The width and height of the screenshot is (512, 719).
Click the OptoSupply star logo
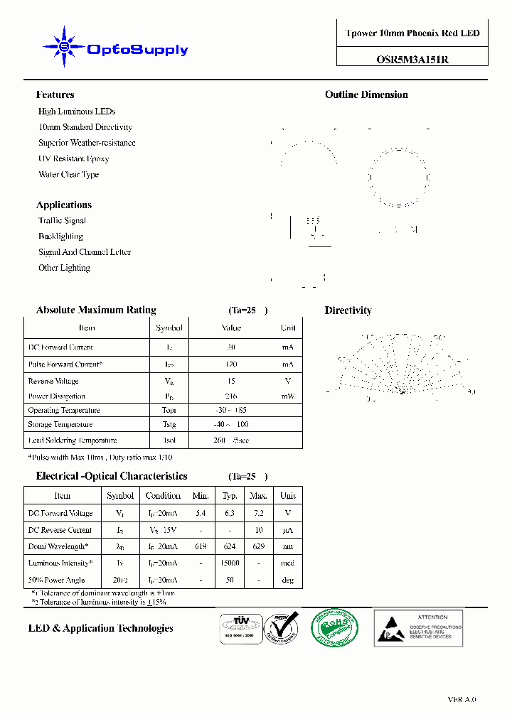point(64,47)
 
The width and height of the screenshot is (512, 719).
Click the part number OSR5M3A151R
point(412,60)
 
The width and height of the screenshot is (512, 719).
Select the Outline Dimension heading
point(366,94)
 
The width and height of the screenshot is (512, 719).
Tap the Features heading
point(55,94)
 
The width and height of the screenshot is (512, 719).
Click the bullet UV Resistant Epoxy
point(73,158)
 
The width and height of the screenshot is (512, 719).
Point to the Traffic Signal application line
point(62,220)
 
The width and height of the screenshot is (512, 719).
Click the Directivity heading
point(348,310)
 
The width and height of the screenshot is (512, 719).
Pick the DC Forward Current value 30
point(231,347)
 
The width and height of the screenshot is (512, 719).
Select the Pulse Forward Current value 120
point(231,364)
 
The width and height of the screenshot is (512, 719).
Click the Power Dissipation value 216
point(231,396)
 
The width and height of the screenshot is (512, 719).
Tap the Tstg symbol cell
point(169,425)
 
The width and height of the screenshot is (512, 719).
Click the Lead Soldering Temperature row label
point(72,440)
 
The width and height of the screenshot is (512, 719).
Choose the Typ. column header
point(230,496)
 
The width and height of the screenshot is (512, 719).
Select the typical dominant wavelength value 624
point(230,546)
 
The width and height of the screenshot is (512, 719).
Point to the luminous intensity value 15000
point(230,563)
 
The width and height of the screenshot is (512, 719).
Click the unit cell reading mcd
point(287,563)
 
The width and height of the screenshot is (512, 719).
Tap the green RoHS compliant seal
point(335,628)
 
